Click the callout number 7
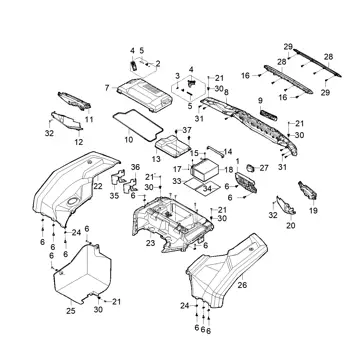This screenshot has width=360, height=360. coord(107,88)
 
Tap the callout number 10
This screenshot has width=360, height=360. coord(129,139)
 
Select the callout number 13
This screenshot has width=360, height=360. coord(156,159)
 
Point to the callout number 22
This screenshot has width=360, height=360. coord(98,186)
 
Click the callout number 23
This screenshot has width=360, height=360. coord(150,243)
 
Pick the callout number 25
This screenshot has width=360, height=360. coord(71,311)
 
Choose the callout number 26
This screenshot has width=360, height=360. coord(242,285)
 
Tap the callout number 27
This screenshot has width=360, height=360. coord(264,168)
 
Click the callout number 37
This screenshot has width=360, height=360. coord(187,129)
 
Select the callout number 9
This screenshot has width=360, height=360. coord(260,100)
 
